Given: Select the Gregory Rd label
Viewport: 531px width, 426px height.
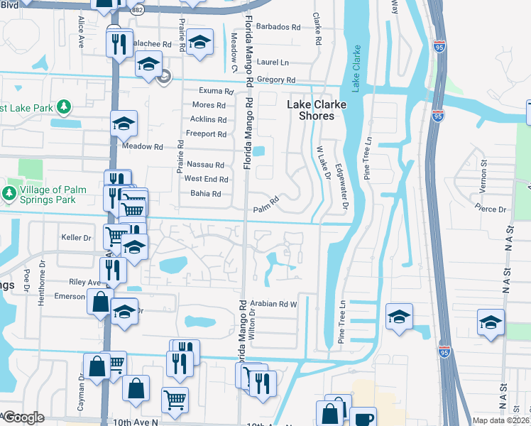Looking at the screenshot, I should pos(276,80).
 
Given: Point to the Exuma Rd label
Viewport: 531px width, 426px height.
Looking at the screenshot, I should pos(216,92).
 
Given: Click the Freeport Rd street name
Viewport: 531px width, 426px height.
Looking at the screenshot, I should pos(206,134).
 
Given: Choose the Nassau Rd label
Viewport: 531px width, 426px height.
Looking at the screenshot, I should pos(205,165).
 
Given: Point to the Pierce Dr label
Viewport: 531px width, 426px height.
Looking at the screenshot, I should pos(491,209).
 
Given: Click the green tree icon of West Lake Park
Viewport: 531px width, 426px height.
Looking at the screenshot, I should pos(64,106).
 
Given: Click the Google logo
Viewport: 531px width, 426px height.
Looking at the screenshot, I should pos(23,417).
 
